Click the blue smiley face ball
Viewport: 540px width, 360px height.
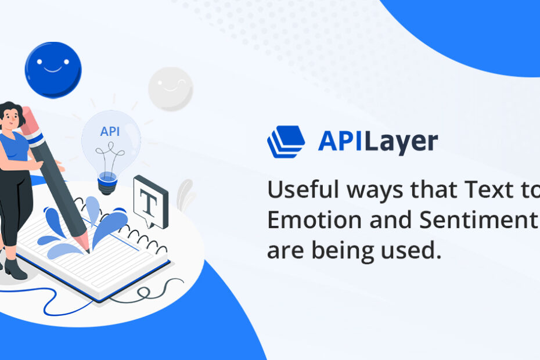click(x=53, y=70)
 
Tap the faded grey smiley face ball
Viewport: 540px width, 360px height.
click(x=171, y=89)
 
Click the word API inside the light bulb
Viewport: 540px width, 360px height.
click(x=110, y=131)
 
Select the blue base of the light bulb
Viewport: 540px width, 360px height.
click(x=107, y=183)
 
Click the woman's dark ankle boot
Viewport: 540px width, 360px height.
click(x=15, y=269)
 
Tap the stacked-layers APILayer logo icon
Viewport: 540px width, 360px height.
click(x=286, y=142)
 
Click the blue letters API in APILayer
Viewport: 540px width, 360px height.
click(x=340, y=141)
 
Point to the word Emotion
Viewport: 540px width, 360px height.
click(x=314, y=220)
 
